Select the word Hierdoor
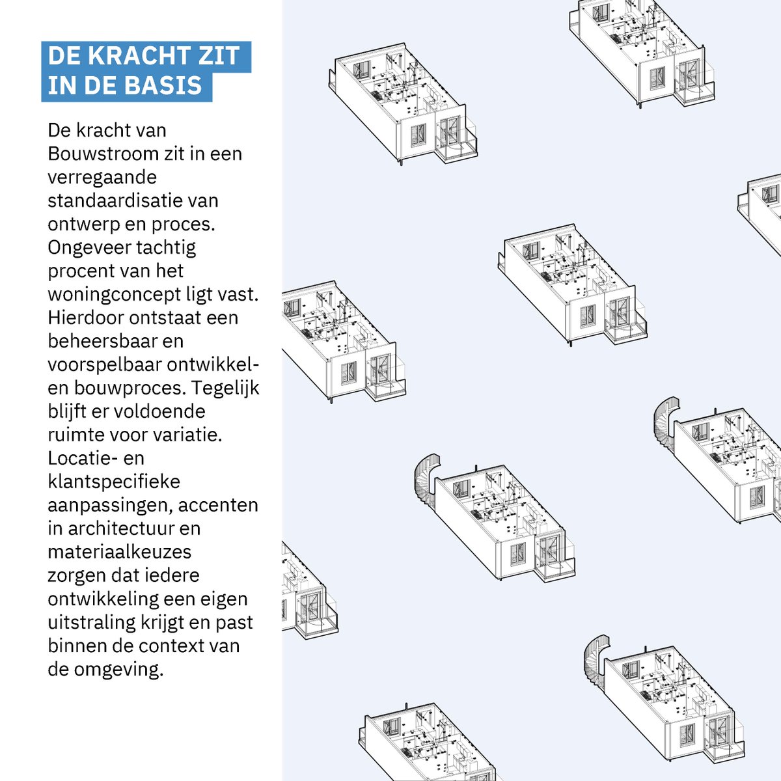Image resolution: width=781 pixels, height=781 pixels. point(85,318)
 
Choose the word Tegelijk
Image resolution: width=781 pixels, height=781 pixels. point(226,388)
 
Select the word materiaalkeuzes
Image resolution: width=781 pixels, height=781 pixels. point(119,552)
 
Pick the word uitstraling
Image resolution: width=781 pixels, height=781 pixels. point(91,622)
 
